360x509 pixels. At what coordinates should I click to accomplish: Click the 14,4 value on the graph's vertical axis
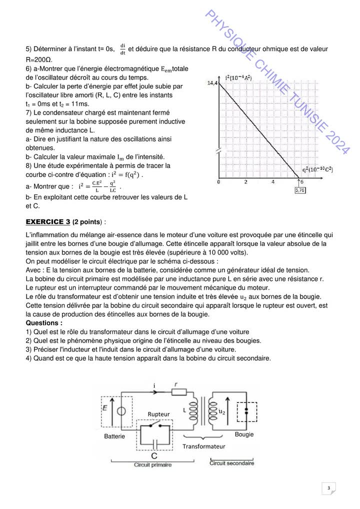click(211, 83)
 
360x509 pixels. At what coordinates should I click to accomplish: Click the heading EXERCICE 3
click(47, 221)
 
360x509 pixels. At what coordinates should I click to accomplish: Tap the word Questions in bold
click(42, 323)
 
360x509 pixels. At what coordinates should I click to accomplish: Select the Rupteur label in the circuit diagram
click(159, 414)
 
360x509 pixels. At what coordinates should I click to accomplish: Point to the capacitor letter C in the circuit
click(154, 455)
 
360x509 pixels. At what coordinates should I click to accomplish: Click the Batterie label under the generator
click(114, 436)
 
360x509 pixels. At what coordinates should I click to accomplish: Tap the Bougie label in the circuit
click(244, 434)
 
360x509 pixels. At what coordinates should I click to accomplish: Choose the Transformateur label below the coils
click(203, 445)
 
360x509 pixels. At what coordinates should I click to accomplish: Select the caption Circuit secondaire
click(232, 463)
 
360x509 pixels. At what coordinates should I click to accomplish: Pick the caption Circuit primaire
click(152, 464)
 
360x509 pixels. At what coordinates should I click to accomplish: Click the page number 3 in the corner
click(328, 488)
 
